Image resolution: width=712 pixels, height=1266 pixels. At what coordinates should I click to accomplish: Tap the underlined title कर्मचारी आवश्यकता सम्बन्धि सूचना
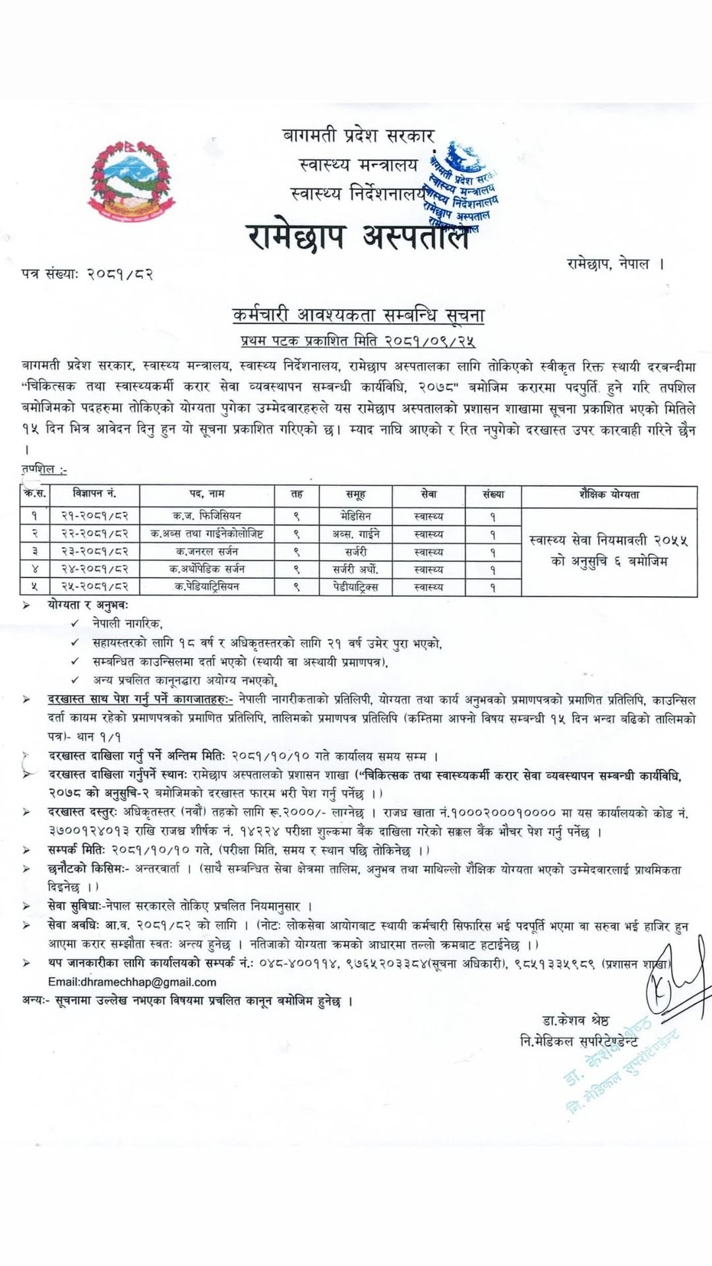359,316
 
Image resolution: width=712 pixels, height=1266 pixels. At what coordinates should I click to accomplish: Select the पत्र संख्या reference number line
87,274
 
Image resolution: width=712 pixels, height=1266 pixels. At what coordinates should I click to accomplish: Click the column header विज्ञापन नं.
95,494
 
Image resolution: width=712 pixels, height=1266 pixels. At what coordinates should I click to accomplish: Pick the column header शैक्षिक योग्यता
608,495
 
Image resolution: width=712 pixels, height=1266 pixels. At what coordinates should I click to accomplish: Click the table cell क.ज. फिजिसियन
207,516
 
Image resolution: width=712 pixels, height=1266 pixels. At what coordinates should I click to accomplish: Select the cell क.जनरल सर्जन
207,551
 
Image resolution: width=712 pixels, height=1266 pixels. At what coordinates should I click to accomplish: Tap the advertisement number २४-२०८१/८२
95,569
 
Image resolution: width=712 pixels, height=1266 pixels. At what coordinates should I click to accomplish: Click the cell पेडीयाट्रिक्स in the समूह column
355,587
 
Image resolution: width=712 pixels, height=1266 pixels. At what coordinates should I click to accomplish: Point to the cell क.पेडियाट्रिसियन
207,587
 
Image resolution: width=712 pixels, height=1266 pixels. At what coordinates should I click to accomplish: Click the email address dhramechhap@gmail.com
132,982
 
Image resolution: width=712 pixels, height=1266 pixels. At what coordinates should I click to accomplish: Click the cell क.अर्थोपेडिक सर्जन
207,569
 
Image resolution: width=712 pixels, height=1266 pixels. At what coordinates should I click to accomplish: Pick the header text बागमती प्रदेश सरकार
359,136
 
